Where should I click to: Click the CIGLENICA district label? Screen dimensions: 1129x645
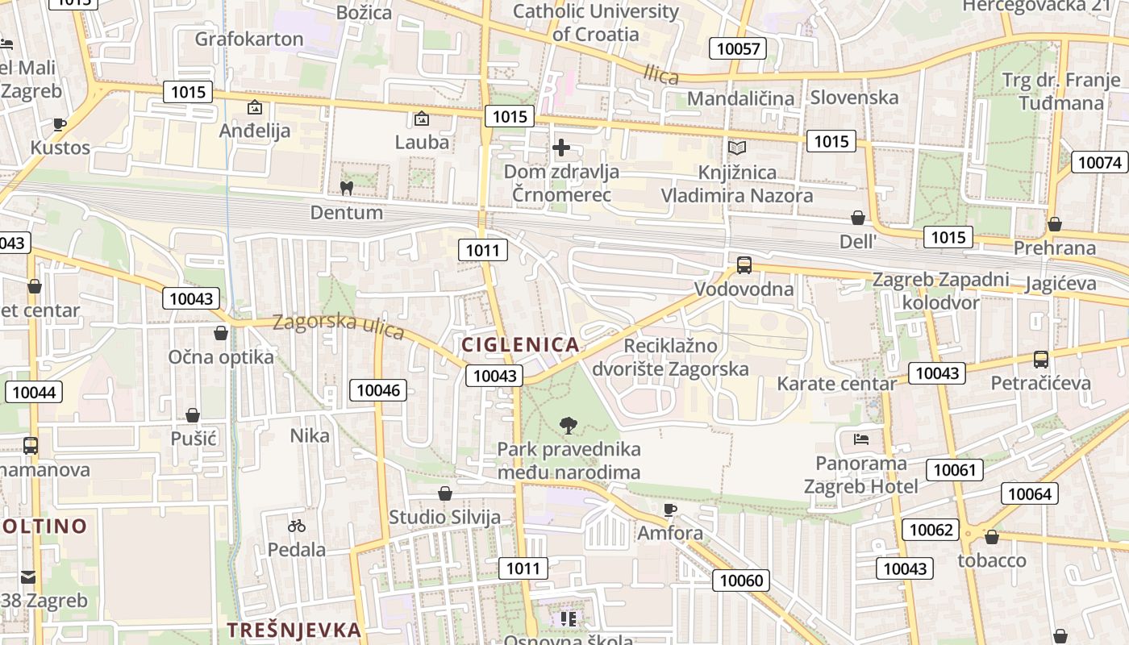pyautogui.click(x=520, y=345)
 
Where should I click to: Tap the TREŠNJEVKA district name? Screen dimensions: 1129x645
pyautogui.click(x=294, y=630)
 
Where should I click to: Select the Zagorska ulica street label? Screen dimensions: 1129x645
pyautogui.click(x=339, y=326)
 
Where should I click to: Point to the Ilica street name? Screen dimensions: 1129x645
pyautogui.click(x=661, y=74)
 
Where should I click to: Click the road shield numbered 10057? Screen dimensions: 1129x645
pyautogui.click(x=738, y=48)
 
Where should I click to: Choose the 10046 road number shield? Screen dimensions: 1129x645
pyautogui.click(x=378, y=391)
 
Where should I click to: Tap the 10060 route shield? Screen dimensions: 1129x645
pyautogui.click(x=741, y=580)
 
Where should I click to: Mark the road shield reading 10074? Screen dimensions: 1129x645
pyautogui.click(x=1100, y=163)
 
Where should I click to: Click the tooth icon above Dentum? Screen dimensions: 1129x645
pyautogui.click(x=347, y=189)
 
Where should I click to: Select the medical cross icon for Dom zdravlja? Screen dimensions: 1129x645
pyautogui.click(x=561, y=148)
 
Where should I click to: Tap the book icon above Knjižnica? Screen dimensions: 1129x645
pyautogui.click(x=737, y=148)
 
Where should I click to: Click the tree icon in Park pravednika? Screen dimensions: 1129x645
pyautogui.click(x=569, y=425)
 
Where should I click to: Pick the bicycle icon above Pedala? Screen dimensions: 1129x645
pyautogui.click(x=297, y=526)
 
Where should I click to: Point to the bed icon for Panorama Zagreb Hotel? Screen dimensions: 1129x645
pyautogui.click(x=860, y=439)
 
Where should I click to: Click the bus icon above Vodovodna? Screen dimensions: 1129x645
pyautogui.click(x=744, y=265)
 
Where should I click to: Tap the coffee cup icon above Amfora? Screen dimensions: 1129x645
pyautogui.click(x=669, y=510)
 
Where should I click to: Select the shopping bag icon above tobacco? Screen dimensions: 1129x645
pyautogui.click(x=992, y=537)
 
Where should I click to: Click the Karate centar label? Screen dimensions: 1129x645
pyautogui.click(x=836, y=384)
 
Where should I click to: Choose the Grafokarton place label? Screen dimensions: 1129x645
pyautogui.click(x=249, y=39)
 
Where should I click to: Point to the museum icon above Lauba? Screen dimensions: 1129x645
pyautogui.click(x=421, y=119)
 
